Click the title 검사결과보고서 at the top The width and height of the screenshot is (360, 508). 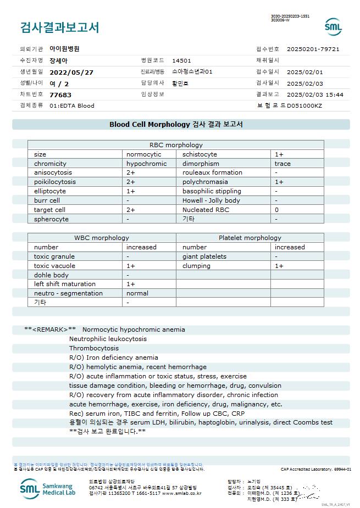point(59,27)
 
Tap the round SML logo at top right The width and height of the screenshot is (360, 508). point(333,27)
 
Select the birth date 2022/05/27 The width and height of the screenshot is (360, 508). point(71,72)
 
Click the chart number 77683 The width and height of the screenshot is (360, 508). point(60,94)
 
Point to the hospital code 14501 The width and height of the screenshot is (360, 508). point(181,60)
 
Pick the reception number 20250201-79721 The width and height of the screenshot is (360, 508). point(313,49)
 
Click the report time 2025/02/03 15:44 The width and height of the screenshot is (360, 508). point(315,94)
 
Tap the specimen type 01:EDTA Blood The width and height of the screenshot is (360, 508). point(72,105)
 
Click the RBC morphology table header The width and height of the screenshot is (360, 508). point(176,145)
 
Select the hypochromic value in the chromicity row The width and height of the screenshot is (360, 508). point(146,164)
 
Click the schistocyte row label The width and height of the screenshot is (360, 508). point(200,154)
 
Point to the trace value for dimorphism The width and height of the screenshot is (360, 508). point(283,164)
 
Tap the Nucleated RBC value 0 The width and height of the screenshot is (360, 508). point(277,210)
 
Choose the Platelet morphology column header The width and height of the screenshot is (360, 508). point(250,238)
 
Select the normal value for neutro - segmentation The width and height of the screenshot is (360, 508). point(137,293)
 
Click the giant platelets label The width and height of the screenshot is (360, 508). point(204,256)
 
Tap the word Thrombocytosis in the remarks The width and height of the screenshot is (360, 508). point(94,348)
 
